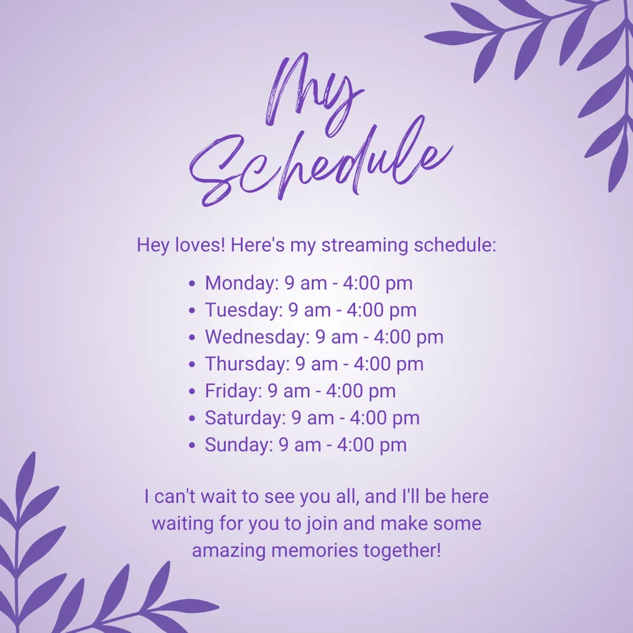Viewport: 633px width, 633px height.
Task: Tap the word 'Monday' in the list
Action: [241, 283]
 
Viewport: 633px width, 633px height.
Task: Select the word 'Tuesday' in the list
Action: [244, 310]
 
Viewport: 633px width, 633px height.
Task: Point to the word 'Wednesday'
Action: [256, 337]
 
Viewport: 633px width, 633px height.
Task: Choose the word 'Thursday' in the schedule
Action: [247, 364]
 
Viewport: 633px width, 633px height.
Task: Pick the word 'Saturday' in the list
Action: [245, 418]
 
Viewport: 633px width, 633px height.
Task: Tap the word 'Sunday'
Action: [239, 445]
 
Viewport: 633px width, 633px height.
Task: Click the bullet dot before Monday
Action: [191, 284]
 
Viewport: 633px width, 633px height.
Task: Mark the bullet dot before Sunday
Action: [191, 445]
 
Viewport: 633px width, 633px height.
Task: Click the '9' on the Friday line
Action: [272, 391]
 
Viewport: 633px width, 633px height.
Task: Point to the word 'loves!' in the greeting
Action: [200, 245]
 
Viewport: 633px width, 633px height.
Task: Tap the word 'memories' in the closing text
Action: [314, 550]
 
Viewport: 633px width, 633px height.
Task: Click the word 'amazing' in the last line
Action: [229, 551]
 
